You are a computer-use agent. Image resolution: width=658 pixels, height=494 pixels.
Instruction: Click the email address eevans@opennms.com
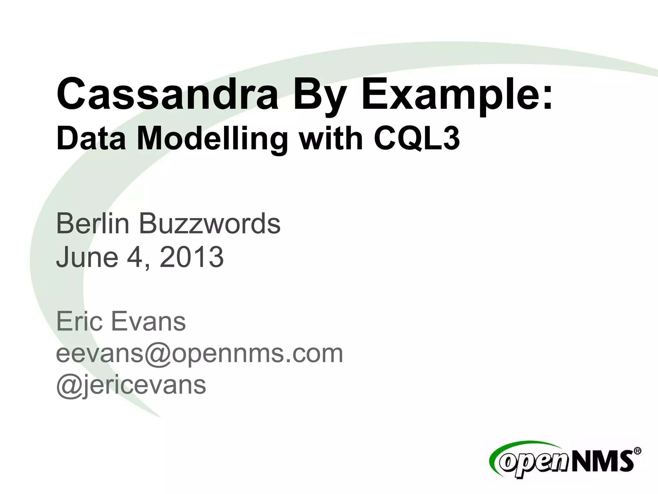pyautogui.click(x=200, y=353)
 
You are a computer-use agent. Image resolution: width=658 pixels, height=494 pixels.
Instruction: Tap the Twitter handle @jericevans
pyautogui.click(x=131, y=385)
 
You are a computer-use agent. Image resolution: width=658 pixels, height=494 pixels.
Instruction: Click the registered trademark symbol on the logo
pyautogui.click(x=637, y=451)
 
